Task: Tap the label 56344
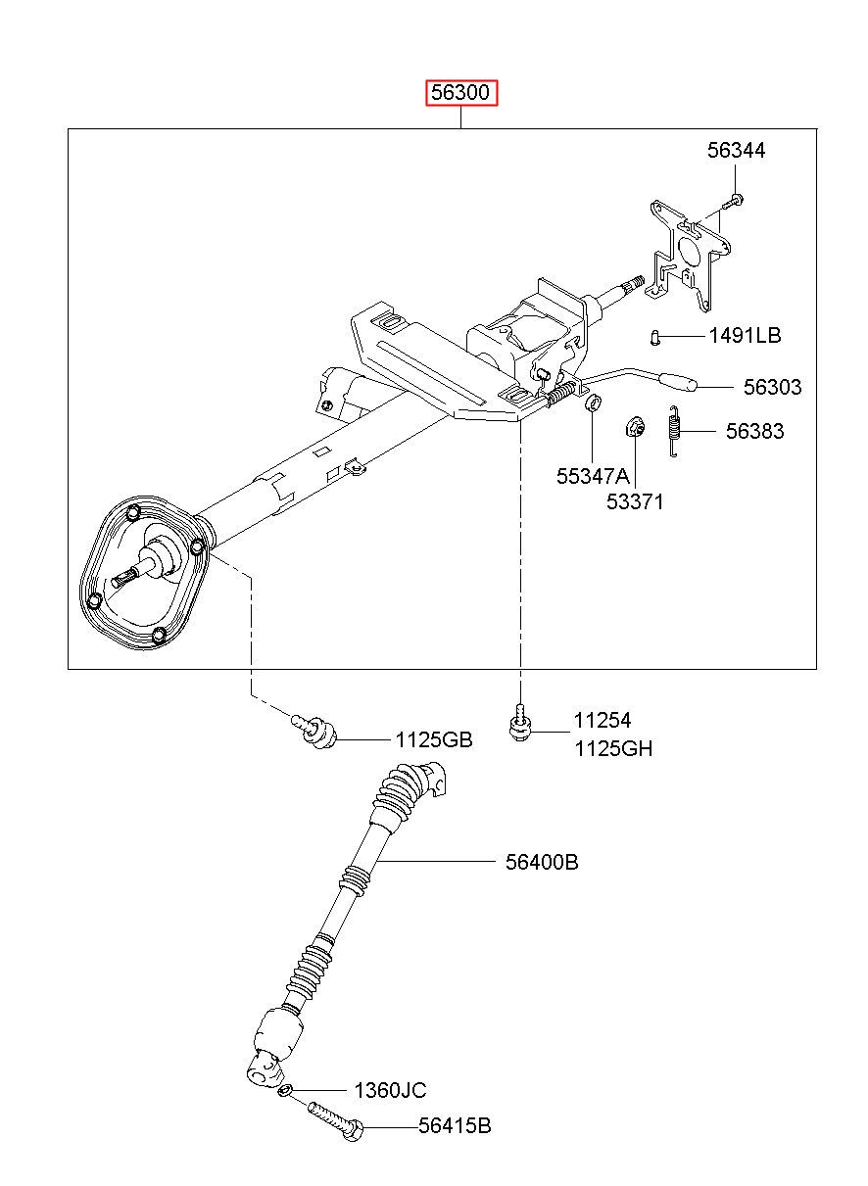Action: [736, 151]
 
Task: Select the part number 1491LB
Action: [745, 336]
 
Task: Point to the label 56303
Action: [772, 387]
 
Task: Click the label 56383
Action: [754, 432]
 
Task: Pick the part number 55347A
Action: [593, 477]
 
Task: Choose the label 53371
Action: [635, 501]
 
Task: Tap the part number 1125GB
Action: [434, 739]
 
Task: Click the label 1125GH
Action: [613, 748]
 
